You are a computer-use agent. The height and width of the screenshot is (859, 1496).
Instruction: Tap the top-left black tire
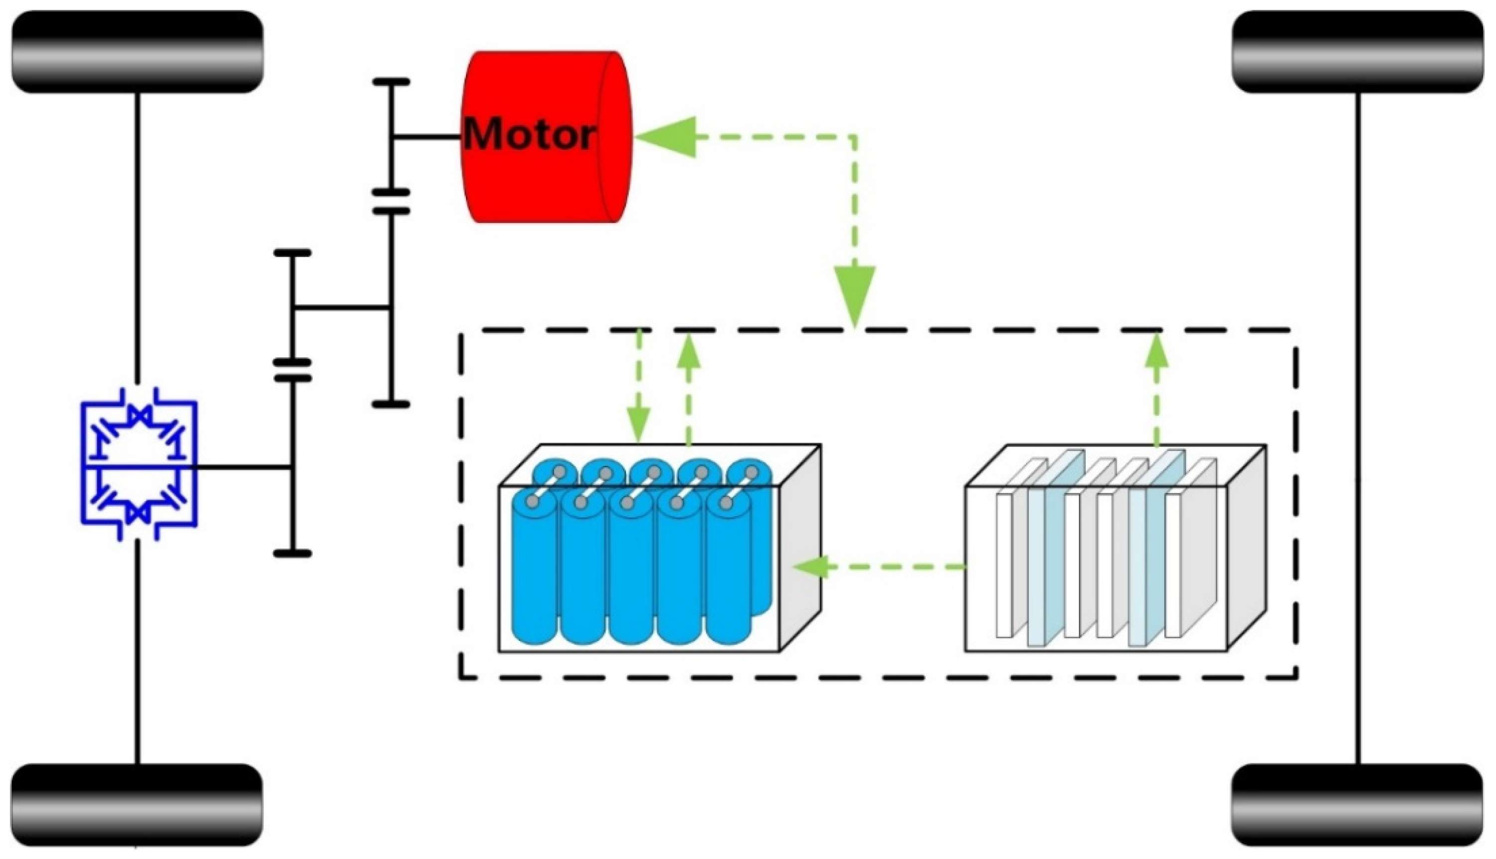click(137, 52)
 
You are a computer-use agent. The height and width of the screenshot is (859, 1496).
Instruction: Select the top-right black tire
click(1357, 52)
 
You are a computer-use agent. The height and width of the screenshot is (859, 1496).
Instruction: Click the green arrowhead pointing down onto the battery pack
click(639, 427)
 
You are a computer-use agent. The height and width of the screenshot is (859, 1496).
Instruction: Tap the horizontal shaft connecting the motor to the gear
click(426, 137)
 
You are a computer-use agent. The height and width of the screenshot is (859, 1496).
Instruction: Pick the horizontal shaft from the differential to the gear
click(242, 467)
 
